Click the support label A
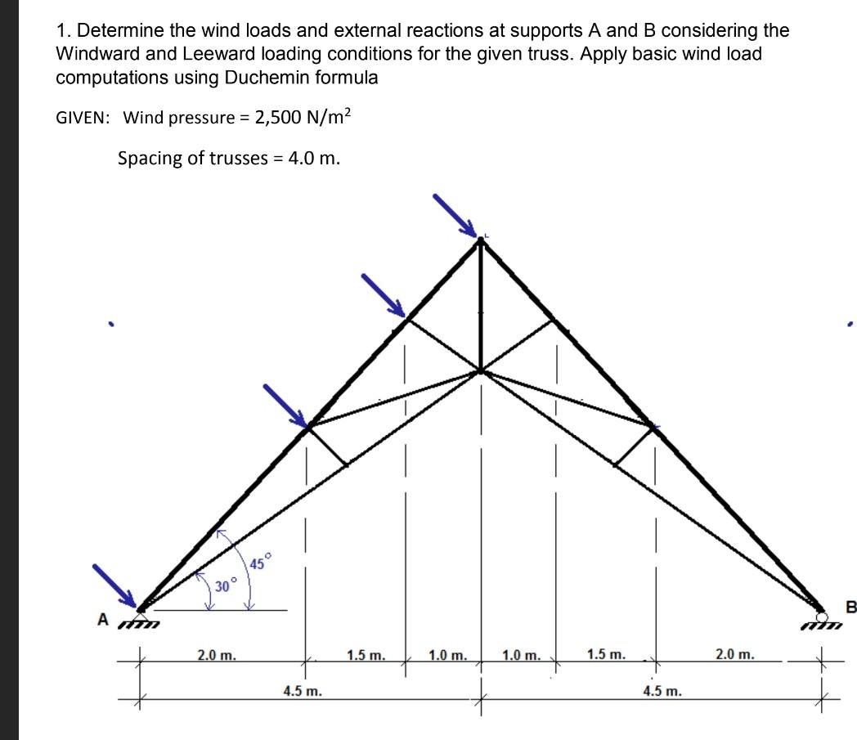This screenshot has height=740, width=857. (103, 619)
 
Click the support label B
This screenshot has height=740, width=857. (850, 607)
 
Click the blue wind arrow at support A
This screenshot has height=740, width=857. (114, 581)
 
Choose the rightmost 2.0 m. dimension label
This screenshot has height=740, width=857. (735, 655)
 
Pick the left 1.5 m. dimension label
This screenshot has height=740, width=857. (366, 655)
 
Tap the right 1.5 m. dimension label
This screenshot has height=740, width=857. (607, 655)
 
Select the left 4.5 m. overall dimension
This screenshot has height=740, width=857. (302, 691)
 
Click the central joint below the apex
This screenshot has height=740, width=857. (481, 371)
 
